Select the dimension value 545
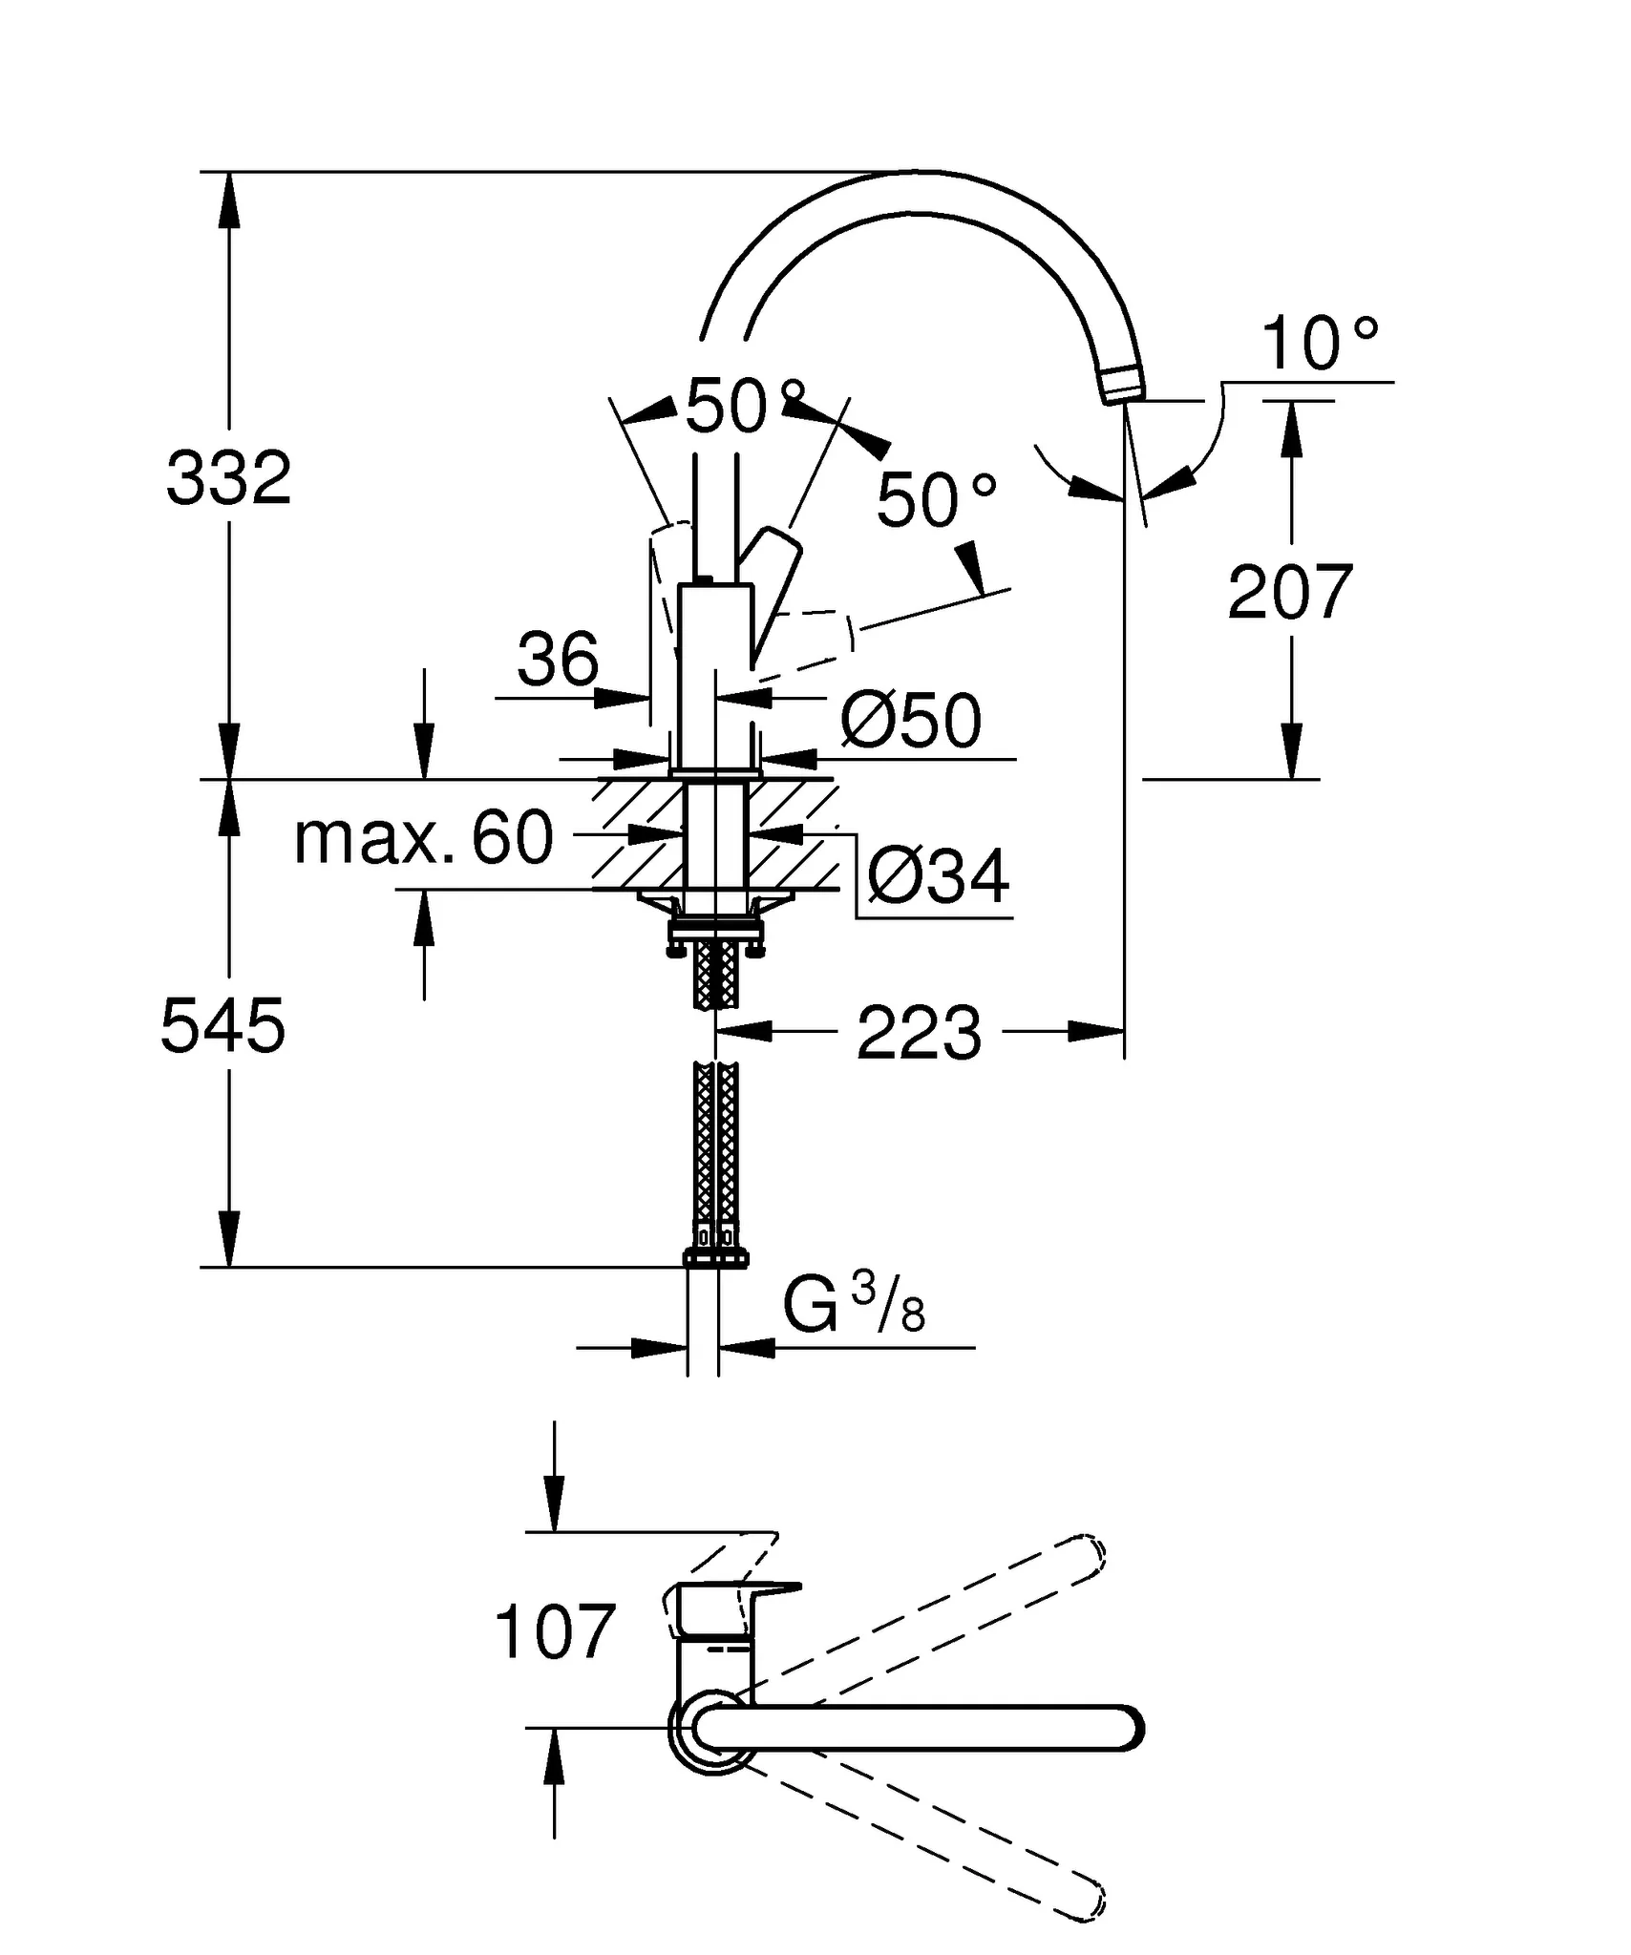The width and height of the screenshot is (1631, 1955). pos(222,1027)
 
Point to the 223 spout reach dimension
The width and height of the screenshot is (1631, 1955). pos(919,1033)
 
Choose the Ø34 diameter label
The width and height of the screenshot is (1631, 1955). pos(938,876)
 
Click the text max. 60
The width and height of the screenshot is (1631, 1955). pos(423,837)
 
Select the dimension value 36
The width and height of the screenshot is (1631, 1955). pos(558,659)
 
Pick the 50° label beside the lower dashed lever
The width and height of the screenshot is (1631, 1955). pos(936,499)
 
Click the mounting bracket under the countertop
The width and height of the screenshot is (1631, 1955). pos(714,903)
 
